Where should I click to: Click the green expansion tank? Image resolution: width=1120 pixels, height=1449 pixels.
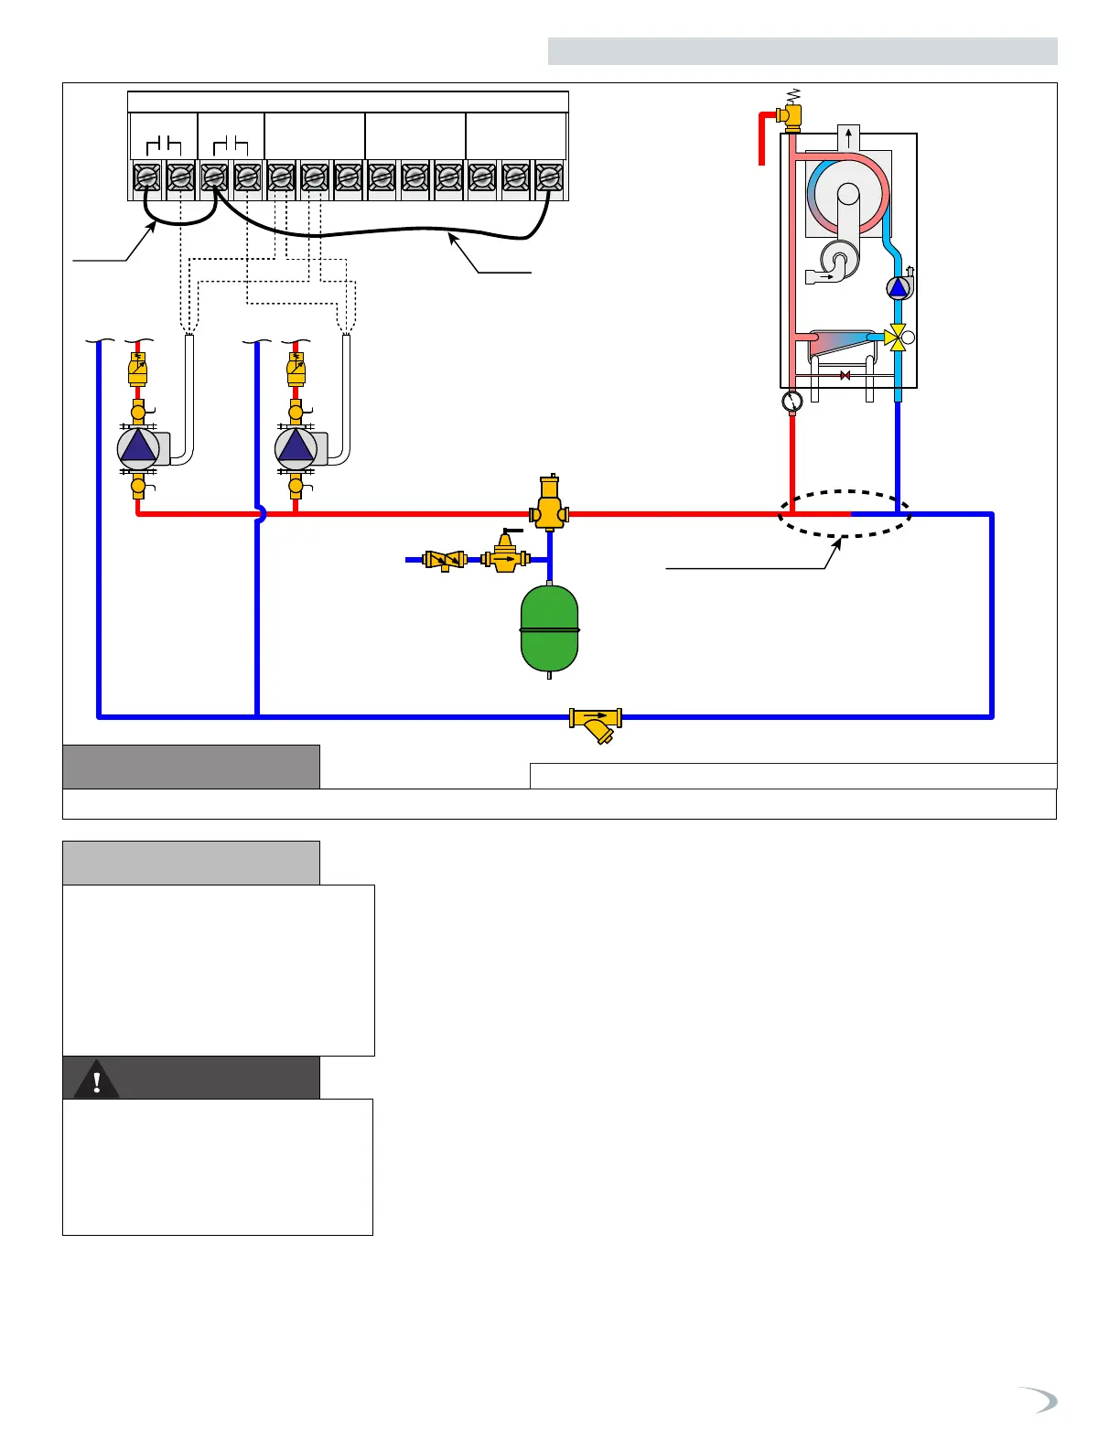pos(549,629)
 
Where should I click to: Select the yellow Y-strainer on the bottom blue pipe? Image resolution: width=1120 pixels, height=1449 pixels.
pos(596,723)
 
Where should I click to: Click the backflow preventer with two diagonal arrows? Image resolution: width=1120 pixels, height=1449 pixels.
pos(445,559)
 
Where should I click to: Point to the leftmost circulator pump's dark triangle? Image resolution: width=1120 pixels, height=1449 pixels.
pos(138,447)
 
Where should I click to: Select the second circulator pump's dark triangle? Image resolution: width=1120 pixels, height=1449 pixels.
pos(296,447)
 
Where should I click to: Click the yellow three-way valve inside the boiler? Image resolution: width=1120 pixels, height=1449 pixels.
pos(898,338)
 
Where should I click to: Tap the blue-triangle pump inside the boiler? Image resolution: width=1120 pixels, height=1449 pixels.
pos(898,288)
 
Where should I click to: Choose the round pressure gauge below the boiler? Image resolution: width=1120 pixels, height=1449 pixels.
pos(792,401)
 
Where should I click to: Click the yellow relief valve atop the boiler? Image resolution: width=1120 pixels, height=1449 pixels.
pos(789,114)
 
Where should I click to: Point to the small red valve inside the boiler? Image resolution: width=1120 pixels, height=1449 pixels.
pos(845,375)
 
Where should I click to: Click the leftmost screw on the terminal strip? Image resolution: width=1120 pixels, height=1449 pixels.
pos(147,177)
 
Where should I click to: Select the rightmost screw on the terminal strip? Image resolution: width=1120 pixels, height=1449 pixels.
pos(549,177)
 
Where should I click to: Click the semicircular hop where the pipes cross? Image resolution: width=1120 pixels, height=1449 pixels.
pos(261,514)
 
